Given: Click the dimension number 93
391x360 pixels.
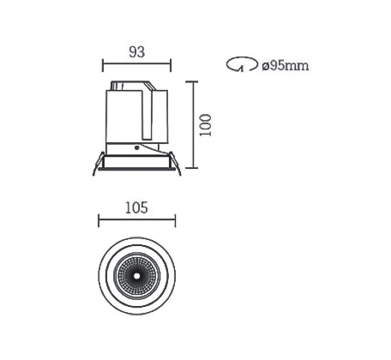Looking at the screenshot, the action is pyautogui.click(x=137, y=52).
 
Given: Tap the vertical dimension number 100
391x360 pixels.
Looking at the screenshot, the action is pyautogui.click(x=206, y=125).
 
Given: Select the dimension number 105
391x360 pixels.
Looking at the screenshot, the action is pyautogui.click(x=136, y=207).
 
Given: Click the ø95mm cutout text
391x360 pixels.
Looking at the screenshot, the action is pyautogui.click(x=286, y=65).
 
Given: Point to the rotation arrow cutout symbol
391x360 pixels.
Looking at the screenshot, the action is pyautogui.click(x=242, y=64).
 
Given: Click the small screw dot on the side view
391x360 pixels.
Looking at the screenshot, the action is pyautogui.click(x=136, y=147).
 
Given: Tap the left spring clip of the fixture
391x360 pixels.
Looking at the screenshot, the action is pyautogui.click(x=98, y=164).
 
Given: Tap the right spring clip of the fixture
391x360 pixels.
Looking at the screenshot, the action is pyautogui.click(x=175, y=164).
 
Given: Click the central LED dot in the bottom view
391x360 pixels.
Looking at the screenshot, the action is pyautogui.click(x=136, y=276).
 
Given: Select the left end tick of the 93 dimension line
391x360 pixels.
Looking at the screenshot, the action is pyautogui.click(x=103, y=65).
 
